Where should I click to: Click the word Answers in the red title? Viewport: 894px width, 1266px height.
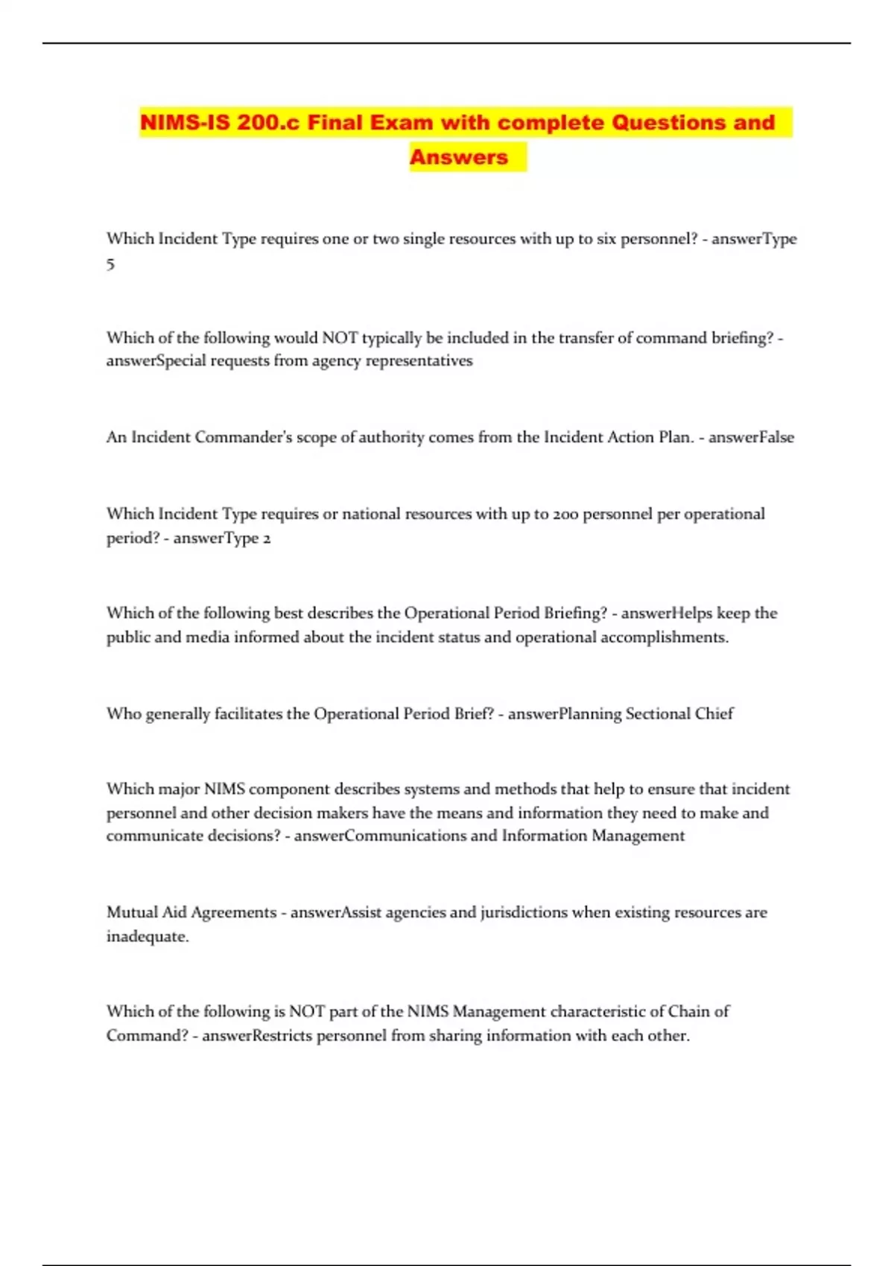pyautogui.click(x=458, y=157)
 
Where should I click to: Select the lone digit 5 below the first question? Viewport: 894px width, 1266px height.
pyautogui.click(x=110, y=264)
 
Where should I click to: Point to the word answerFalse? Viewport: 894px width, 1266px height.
pyautogui.click(x=751, y=437)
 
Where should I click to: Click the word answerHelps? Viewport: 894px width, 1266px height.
pyautogui.click(x=667, y=613)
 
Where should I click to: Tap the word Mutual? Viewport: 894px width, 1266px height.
pyautogui.click(x=132, y=912)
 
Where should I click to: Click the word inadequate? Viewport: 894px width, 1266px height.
pyautogui.click(x=148, y=937)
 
